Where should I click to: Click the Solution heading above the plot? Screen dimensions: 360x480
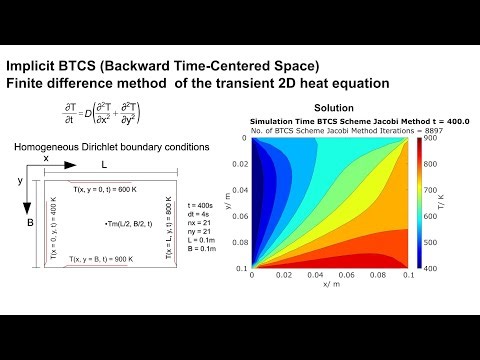click(x=334, y=108)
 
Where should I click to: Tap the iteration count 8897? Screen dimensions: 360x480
click(x=408, y=130)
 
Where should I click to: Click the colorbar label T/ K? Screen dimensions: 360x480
click(x=454, y=204)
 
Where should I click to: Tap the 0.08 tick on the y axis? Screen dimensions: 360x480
click(x=237, y=242)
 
